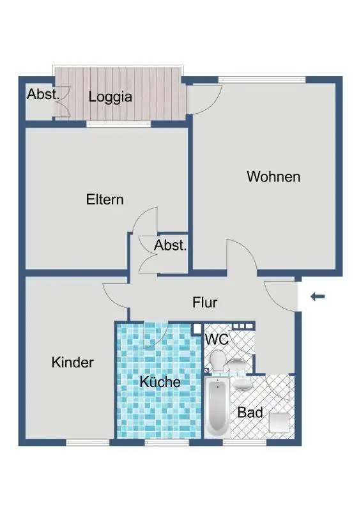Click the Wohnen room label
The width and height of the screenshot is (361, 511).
[273, 177]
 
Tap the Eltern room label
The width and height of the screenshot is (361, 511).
[105, 199]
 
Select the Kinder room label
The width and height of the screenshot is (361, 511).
[72, 362]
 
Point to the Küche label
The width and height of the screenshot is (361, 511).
[160, 381]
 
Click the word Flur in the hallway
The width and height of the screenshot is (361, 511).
[205, 302]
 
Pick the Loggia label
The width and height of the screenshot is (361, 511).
[111, 97]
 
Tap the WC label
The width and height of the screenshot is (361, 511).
[216, 340]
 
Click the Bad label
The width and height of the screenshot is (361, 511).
[250, 413]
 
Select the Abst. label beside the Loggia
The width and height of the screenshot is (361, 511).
[43, 94]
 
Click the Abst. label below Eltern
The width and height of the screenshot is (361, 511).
[170, 245]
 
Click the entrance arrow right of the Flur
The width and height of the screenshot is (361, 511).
[318, 296]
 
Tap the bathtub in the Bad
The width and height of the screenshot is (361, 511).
[217, 408]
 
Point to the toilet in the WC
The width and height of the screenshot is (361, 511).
[217, 361]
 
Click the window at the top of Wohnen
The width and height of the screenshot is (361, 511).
[262, 79]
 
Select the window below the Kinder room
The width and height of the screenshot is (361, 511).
[88, 442]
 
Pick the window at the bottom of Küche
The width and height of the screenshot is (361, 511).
[167, 442]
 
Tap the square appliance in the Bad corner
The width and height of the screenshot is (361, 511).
[279, 422]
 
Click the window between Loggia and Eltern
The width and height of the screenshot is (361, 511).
[119, 124]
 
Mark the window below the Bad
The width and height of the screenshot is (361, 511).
[245, 442]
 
